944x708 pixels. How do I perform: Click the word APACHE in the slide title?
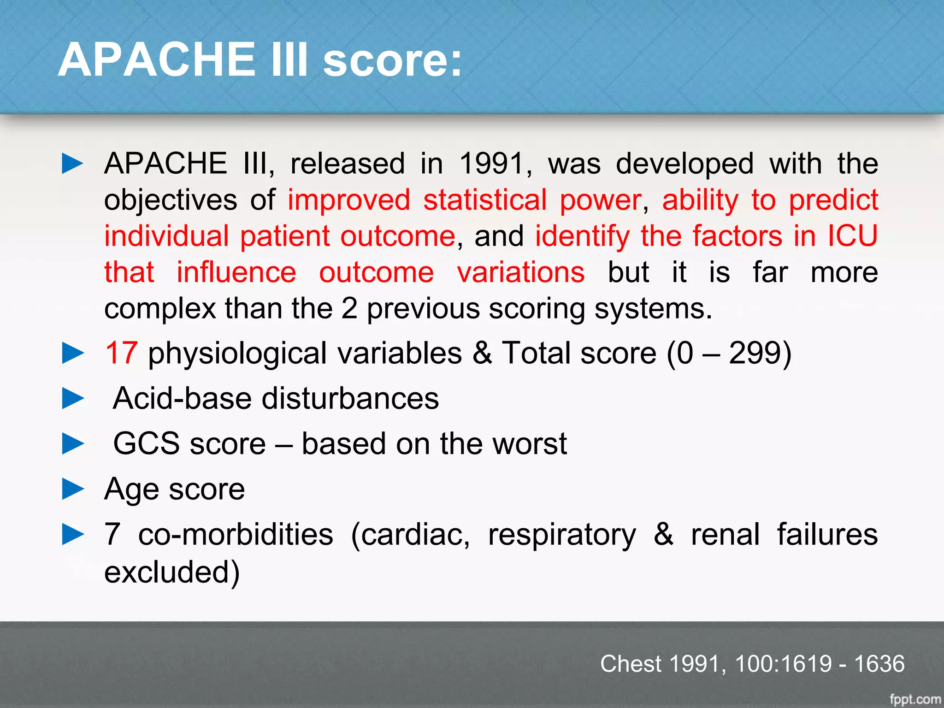tap(157, 60)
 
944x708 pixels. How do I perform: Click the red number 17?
tap(121, 353)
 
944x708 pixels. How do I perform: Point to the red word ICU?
tap(852, 236)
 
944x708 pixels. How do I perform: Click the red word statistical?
tap(485, 200)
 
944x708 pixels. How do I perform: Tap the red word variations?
tap(521, 272)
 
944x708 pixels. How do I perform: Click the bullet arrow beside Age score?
tap(73, 489)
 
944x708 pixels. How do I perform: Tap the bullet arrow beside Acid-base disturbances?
tap(73, 398)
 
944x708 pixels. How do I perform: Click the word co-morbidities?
tap(236, 535)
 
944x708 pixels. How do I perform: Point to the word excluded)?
tap(171, 572)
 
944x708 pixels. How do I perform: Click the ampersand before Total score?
tap(482, 353)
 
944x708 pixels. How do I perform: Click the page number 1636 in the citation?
tap(879, 664)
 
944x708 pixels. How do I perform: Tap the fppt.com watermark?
tap(914, 699)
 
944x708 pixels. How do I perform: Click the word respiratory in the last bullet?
tap(561, 535)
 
